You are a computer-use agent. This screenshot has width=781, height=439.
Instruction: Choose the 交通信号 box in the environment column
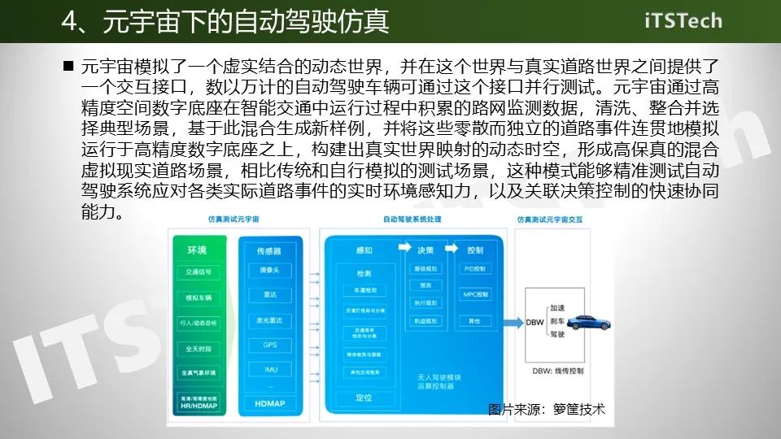point(199,272)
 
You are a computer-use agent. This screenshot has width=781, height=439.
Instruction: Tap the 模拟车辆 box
point(199,298)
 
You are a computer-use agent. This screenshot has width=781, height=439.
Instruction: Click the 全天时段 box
point(199,348)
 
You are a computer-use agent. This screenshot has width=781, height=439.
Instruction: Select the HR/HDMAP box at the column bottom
point(199,402)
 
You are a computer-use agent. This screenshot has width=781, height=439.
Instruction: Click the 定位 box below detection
point(364,398)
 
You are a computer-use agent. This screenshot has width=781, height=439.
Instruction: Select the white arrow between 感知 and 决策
point(402,250)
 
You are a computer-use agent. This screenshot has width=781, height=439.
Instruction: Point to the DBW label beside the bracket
point(534,322)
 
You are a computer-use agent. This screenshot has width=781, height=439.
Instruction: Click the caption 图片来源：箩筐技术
point(547,410)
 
